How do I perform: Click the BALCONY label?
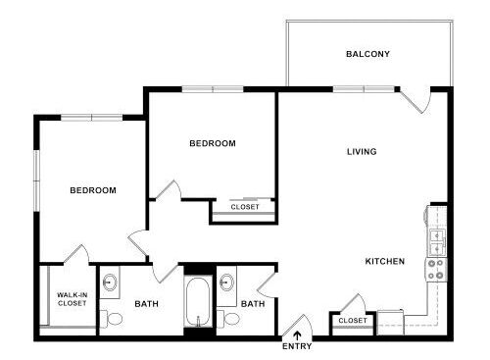point(367,54)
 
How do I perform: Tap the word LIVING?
point(362,151)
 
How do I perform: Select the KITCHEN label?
point(385,261)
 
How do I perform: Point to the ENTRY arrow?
point(297,335)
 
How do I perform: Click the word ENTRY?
point(297,346)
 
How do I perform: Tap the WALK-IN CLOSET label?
point(72,299)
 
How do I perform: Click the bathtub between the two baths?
point(198,302)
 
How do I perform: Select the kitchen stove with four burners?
point(437,269)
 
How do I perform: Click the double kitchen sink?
point(437,242)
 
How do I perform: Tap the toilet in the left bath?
point(112,319)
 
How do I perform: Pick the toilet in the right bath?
point(228,319)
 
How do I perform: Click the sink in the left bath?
point(110,282)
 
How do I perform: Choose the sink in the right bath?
point(226,282)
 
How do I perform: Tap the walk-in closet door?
point(76,254)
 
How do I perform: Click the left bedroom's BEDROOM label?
point(93,190)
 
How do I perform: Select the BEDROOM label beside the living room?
point(213,143)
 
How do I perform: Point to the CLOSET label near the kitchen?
point(353,321)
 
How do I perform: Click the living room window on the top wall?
point(364,89)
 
